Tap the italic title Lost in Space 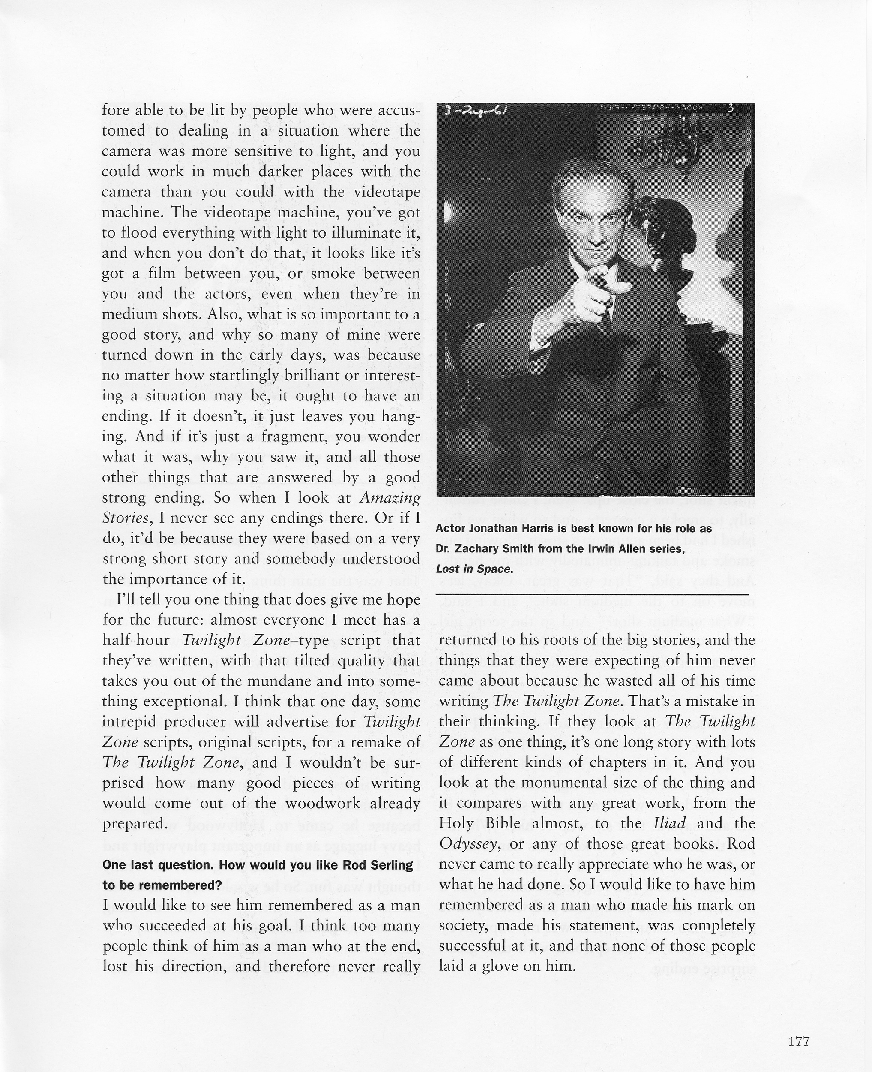pyautogui.click(x=474, y=569)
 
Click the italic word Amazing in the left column pyautogui.click(x=390, y=497)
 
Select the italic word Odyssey pyautogui.click(x=467, y=844)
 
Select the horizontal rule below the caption pyautogui.click(x=592, y=595)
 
